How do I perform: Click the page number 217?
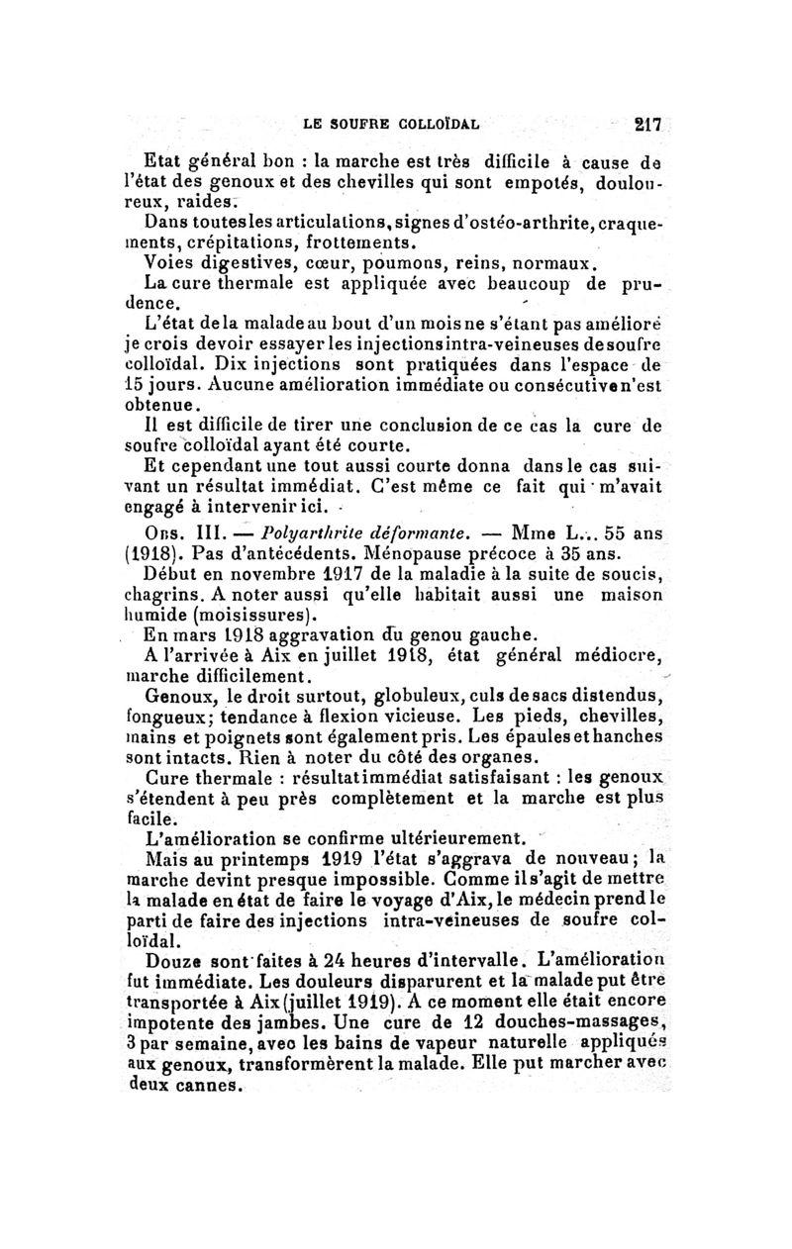point(649,126)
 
